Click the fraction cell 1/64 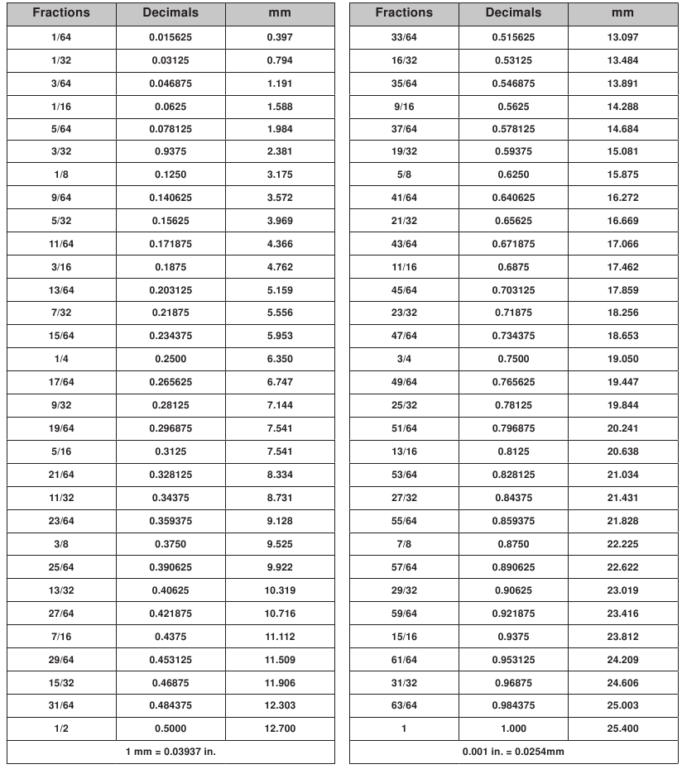(61, 37)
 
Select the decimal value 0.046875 (170, 84)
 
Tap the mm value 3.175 (280, 175)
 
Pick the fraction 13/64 (61, 290)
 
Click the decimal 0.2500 (170, 359)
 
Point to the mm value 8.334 (280, 475)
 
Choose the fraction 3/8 (61, 544)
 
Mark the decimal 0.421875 (170, 613)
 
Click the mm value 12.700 (280, 728)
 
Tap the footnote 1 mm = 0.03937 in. (170, 752)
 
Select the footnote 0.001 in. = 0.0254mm (513, 752)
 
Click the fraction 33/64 (404, 37)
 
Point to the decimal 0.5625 (513, 107)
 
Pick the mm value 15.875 (622, 175)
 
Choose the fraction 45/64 (404, 290)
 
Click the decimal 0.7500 (513, 359)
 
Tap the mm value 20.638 (622, 451)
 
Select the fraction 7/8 (404, 544)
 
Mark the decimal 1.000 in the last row (513, 728)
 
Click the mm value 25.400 (622, 728)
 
